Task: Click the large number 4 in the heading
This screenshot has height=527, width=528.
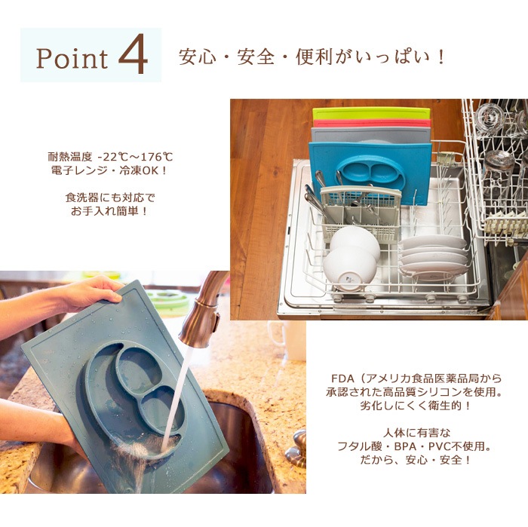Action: (x=133, y=54)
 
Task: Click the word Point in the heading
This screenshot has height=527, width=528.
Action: (x=72, y=58)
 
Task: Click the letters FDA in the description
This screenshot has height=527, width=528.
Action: (x=342, y=378)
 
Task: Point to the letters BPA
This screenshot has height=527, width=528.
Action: (x=406, y=446)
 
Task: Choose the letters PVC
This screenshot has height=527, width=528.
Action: (x=440, y=446)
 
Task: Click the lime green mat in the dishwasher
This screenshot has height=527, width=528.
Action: (x=371, y=113)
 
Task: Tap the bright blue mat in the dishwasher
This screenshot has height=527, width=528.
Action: (x=370, y=172)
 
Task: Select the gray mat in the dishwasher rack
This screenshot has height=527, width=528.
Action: (x=371, y=135)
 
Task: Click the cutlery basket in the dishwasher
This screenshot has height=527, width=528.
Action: (x=361, y=212)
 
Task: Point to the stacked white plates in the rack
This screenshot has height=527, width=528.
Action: (x=434, y=255)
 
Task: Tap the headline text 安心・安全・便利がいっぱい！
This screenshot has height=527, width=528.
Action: (x=312, y=57)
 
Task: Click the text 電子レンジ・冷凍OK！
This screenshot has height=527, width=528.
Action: (x=109, y=170)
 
